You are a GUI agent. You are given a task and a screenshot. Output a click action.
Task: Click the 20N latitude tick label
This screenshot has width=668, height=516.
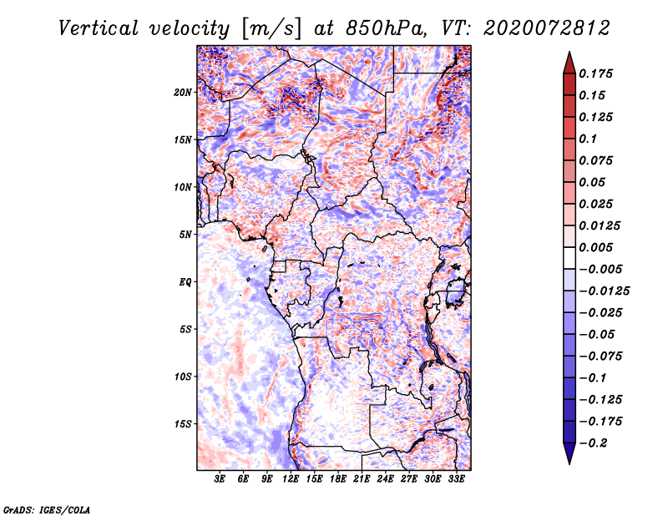(x=183, y=92)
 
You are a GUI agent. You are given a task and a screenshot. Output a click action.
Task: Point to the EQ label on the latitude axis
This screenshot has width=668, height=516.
(x=185, y=282)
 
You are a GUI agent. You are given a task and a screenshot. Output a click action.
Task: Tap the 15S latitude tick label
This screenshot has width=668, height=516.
(x=183, y=424)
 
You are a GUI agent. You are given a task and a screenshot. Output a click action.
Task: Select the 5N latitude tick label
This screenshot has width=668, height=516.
(x=185, y=235)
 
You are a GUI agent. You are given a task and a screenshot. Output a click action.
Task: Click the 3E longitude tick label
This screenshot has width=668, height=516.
(x=220, y=479)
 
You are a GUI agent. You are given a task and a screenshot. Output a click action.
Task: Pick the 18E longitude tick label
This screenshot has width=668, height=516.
(x=338, y=479)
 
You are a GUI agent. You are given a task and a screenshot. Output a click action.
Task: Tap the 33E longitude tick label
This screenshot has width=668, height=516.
(x=456, y=479)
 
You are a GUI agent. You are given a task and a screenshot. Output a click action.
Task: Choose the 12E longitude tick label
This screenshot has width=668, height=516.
(x=291, y=479)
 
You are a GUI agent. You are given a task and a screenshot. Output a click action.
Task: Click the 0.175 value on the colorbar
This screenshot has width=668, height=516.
(x=595, y=73)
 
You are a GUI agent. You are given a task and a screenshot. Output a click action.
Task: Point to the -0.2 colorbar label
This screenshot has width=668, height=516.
(x=593, y=443)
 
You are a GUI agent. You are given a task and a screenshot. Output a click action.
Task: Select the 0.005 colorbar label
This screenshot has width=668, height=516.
(x=595, y=247)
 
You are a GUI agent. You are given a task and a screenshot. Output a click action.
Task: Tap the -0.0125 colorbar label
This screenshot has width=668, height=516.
(x=604, y=291)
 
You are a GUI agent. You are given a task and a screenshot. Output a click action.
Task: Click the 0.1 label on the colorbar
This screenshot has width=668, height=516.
(x=588, y=139)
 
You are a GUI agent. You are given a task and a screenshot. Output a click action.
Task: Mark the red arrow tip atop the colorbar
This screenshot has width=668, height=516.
(x=569, y=53)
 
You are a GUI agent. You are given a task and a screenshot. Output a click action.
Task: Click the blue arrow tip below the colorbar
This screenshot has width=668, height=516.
(x=569, y=463)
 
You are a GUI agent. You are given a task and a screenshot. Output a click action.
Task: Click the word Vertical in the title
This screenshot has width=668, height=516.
(x=99, y=28)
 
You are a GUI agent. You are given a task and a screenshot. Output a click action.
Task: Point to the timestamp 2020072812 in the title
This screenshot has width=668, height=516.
(x=547, y=28)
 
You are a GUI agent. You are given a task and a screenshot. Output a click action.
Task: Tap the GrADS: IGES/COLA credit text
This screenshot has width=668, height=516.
(x=47, y=509)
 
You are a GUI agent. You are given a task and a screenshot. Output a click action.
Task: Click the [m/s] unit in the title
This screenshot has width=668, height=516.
(x=271, y=28)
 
